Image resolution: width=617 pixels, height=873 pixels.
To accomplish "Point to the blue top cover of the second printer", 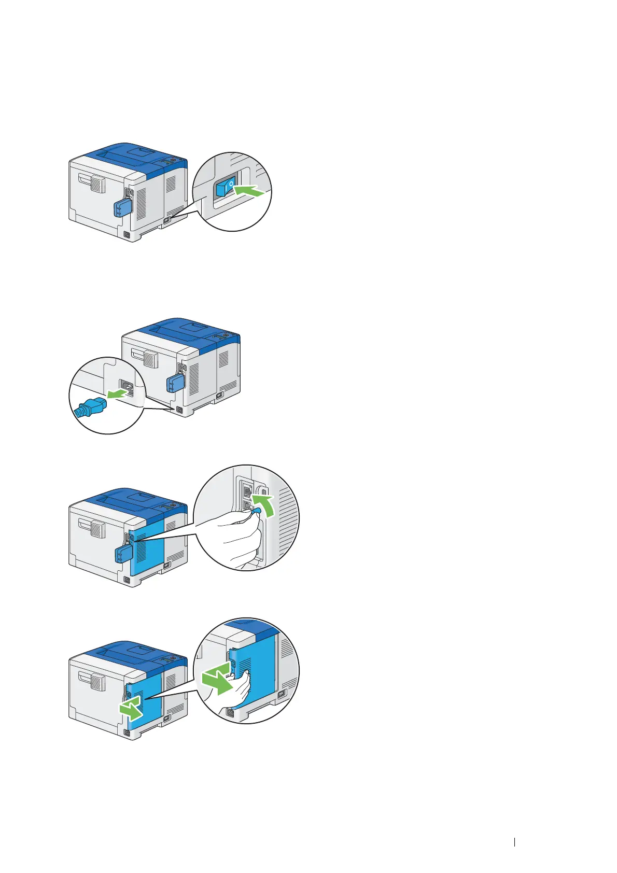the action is (x=187, y=329).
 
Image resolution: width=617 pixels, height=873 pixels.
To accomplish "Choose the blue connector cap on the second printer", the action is (x=175, y=384).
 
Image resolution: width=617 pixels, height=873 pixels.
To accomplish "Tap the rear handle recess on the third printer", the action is (x=92, y=527).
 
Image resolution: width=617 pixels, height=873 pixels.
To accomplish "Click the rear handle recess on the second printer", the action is (x=144, y=357).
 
